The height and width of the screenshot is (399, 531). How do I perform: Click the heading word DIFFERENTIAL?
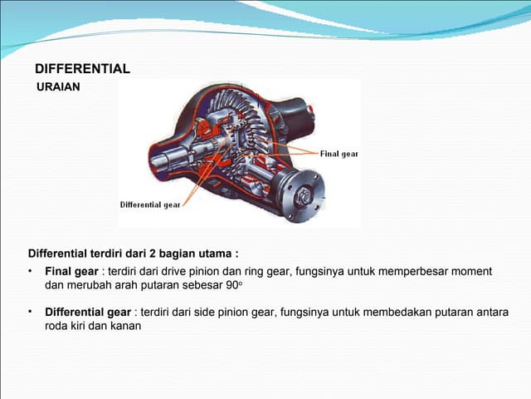coord(82,69)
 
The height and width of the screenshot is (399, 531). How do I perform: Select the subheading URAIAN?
coord(59,86)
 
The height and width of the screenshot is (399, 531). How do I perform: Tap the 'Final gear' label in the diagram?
coord(339,154)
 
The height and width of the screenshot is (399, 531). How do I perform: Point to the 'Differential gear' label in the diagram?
coord(150,204)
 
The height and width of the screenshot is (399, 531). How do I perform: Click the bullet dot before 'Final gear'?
coord(31,272)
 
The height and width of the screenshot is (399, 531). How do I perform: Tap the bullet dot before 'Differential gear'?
coord(31,312)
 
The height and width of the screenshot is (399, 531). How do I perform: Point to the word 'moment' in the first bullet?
coord(473,272)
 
